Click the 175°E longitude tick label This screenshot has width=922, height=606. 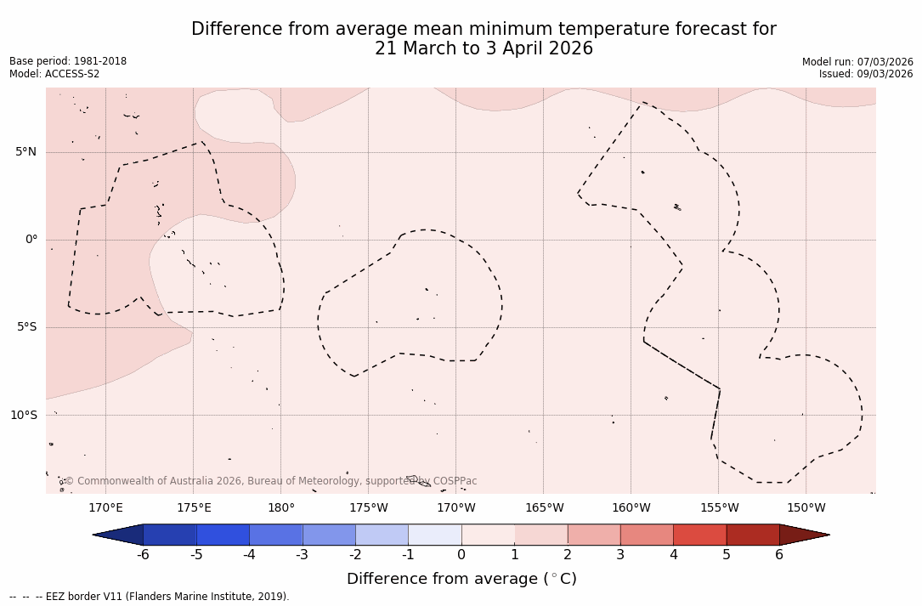[x=194, y=508]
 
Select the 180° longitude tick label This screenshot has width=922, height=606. [x=281, y=508]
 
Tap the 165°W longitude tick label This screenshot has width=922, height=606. [x=544, y=508]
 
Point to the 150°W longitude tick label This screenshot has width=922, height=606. [x=806, y=508]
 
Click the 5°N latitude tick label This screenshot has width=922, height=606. [x=25, y=152]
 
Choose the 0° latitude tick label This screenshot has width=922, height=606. [x=31, y=240]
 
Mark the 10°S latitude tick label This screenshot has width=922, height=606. [x=23, y=416]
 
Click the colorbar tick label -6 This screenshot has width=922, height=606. [x=143, y=555]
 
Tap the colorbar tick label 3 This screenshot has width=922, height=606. [x=620, y=555]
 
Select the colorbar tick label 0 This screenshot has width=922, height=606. [x=461, y=555]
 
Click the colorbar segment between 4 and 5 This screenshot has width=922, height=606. [x=699, y=535]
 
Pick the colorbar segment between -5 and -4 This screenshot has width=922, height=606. [x=223, y=535]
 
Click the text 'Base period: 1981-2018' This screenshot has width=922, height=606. [x=68, y=61]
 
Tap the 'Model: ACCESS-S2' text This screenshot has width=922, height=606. [x=54, y=74]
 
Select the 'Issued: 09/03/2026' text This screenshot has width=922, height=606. [x=866, y=74]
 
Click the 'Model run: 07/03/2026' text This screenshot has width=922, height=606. [x=857, y=61]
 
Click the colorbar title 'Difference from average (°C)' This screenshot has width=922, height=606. [x=461, y=579]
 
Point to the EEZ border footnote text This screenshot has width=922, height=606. [x=150, y=597]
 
